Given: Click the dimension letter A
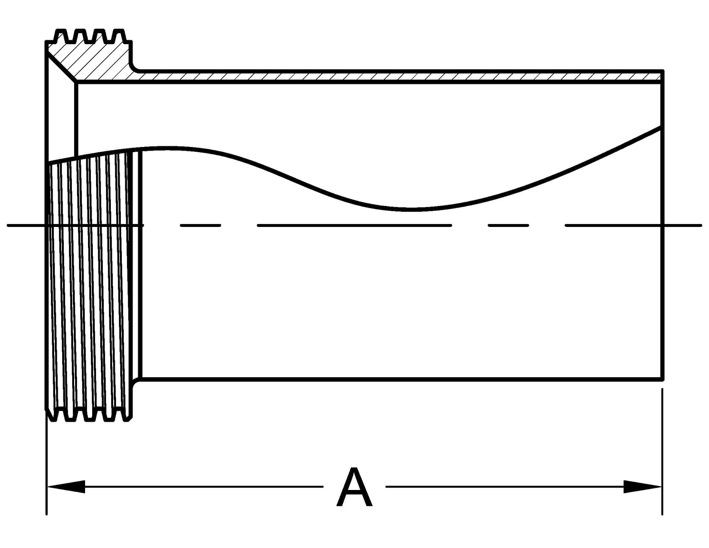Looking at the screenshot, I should click(354, 487).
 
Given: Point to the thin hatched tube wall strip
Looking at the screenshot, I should click(390, 77).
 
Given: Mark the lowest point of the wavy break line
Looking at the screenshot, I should click(412, 210).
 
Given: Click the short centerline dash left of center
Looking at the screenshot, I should click(200, 225).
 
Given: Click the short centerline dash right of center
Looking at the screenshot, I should click(508, 225).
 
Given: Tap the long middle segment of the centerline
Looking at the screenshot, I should click(354, 225).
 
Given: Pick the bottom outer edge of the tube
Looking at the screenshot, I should click(390, 379).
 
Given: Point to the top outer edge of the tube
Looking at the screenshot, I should click(390, 71).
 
